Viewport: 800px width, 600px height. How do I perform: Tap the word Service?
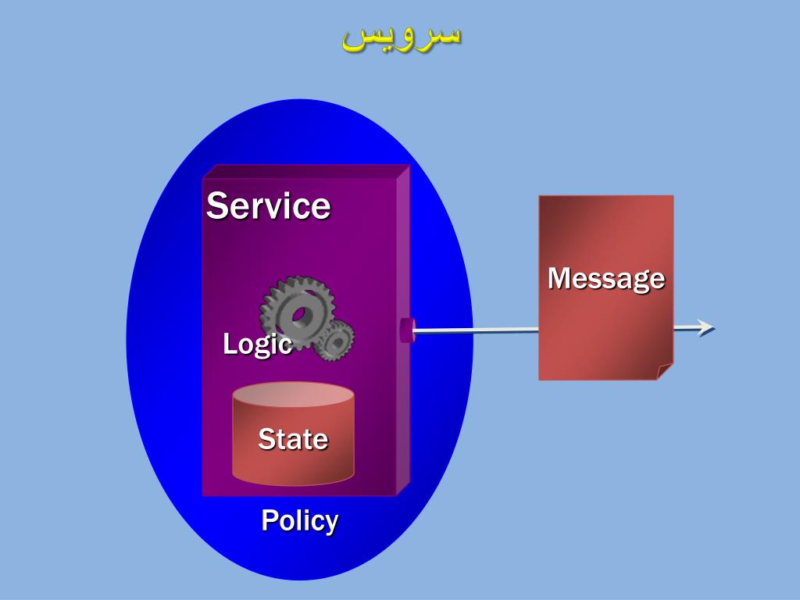pyautogui.click(x=268, y=206)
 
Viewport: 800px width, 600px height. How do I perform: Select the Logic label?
pyautogui.click(x=257, y=344)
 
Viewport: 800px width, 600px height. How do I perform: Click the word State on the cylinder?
pyautogui.click(x=293, y=439)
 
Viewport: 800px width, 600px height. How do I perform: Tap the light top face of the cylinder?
pyautogui.click(x=293, y=395)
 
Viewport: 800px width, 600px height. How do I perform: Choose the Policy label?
pyautogui.click(x=299, y=520)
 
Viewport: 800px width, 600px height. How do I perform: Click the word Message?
pyautogui.click(x=605, y=278)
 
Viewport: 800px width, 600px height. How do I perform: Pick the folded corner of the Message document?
pyautogui.click(x=665, y=372)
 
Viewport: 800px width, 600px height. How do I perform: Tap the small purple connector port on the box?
pyautogui.click(x=407, y=330)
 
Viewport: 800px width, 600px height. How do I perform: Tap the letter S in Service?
pyautogui.click(x=216, y=206)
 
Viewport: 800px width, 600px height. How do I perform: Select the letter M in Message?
pyautogui.click(x=559, y=278)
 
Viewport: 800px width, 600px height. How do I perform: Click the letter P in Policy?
pyautogui.click(x=269, y=520)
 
